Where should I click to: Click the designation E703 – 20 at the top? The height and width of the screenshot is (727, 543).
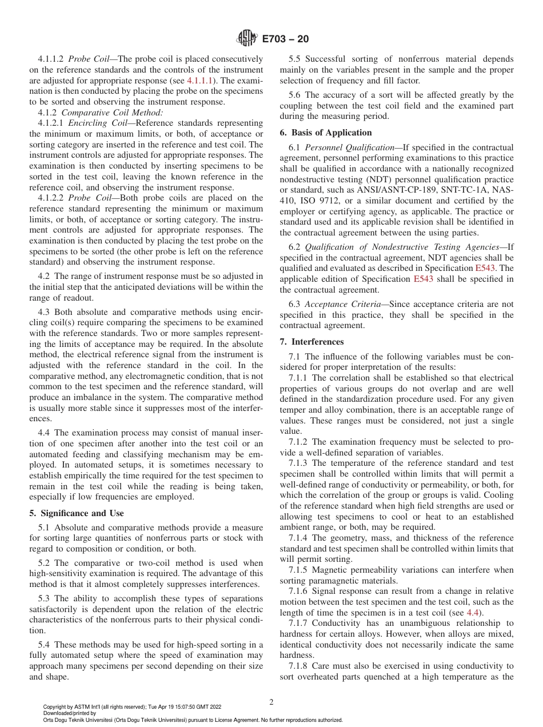pos(285,39)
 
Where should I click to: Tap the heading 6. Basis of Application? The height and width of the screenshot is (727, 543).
pos(325,133)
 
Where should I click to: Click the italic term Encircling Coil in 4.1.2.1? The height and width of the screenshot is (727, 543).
pos(94,123)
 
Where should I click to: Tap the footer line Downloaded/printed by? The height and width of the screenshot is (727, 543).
pos(70,714)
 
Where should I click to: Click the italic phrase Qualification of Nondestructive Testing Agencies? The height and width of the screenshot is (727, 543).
pos(402,247)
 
